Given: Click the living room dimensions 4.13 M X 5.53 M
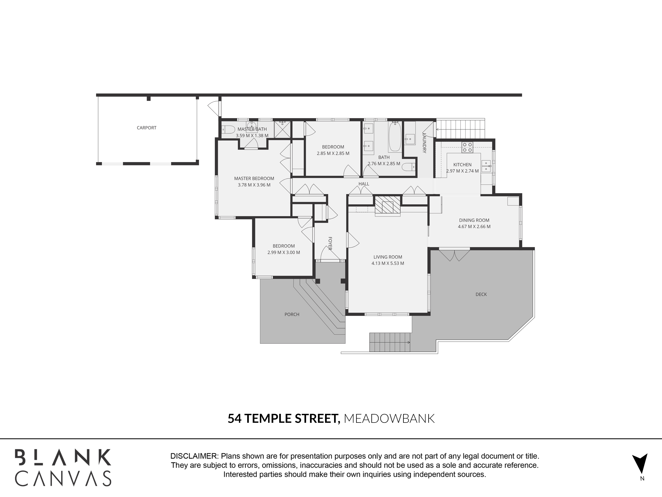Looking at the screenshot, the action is click(388, 263).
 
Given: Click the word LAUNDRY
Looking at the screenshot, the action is click(424, 143).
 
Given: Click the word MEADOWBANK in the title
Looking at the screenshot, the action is click(389, 418).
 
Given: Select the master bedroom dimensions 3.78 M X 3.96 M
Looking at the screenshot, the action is click(254, 185).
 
